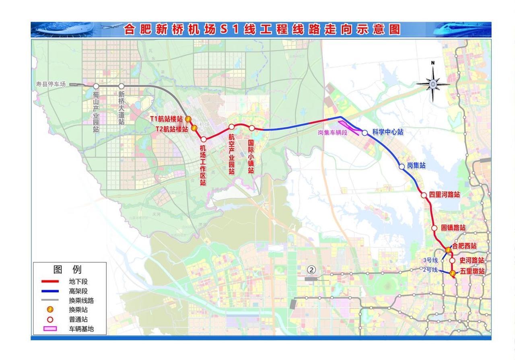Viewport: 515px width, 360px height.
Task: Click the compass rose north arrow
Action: click(x=433, y=83)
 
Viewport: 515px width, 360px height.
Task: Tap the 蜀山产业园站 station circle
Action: click(x=96, y=86)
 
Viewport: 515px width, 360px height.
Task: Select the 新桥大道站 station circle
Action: click(x=121, y=86)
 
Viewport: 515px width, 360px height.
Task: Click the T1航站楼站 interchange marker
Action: click(x=188, y=119)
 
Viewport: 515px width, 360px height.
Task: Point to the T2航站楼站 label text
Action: click(x=172, y=129)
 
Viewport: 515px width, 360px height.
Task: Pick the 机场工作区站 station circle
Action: click(x=204, y=139)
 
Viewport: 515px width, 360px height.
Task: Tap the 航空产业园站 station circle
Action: click(x=231, y=127)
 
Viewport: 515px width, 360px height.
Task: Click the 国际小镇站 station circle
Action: click(x=252, y=128)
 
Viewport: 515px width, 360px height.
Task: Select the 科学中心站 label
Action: click(x=387, y=132)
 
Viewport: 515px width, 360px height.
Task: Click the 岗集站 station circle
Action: click(x=402, y=166)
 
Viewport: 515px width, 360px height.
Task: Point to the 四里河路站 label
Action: click(x=444, y=195)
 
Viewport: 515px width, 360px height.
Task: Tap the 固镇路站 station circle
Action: click(x=434, y=228)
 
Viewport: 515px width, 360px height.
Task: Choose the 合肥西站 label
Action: click(x=464, y=246)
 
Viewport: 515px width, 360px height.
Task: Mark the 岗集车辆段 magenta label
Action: click(x=332, y=132)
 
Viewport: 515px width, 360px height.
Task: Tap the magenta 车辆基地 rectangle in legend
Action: click(x=50, y=328)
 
